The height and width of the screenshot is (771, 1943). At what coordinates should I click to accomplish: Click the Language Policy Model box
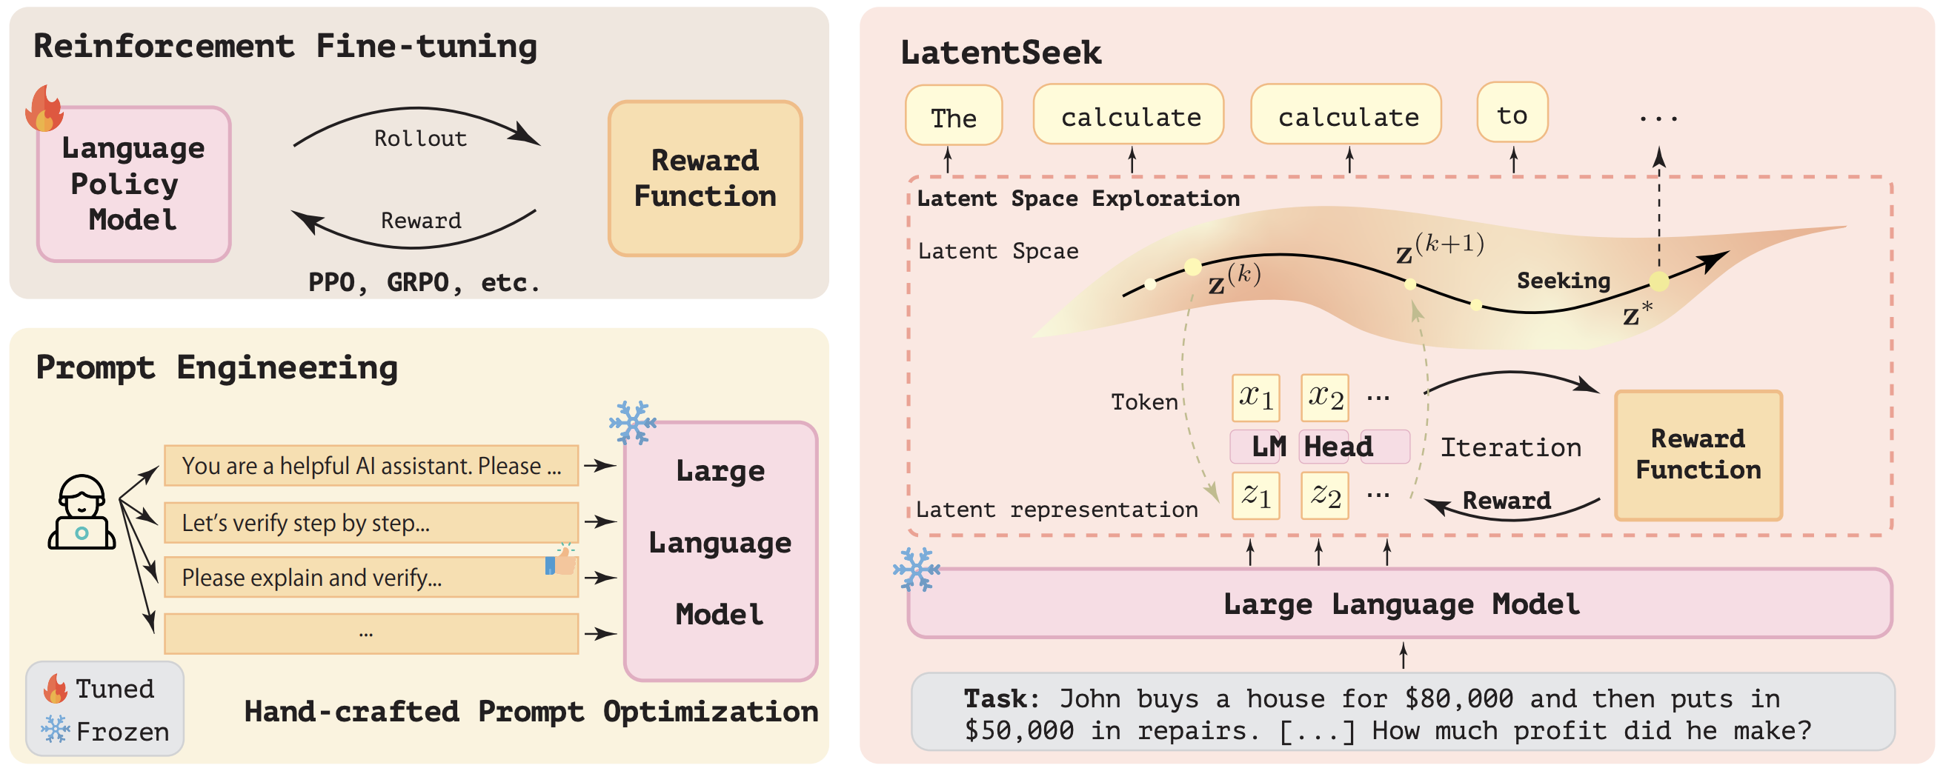pos(133,184)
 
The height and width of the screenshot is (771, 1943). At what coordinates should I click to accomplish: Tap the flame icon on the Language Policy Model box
pos(44,108)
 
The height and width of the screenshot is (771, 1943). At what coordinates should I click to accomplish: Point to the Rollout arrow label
pos(420,138)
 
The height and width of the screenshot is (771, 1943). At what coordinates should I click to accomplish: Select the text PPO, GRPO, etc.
pos(424,282)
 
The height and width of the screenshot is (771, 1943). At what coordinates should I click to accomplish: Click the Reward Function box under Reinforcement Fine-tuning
pos(705,178)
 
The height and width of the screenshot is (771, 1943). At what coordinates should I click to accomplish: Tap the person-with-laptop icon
pos(82,512)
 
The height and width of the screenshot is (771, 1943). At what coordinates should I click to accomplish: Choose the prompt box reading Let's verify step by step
pos(371,522)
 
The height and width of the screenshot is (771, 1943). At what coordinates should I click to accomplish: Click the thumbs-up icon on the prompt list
pos(560,560)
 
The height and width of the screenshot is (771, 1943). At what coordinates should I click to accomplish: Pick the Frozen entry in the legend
pos(105,730)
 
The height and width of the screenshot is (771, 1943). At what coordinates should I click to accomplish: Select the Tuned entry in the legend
pos(99,688)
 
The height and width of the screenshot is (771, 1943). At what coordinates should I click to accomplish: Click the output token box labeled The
pos(954,116)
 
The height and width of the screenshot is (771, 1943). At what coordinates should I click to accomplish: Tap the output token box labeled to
pos(1512,113)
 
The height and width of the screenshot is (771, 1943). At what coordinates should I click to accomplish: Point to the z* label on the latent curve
pos(1638,313)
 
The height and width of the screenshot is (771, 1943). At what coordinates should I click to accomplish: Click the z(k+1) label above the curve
pos(1440,248)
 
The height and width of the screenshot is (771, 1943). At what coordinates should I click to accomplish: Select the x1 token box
pos(1256,397)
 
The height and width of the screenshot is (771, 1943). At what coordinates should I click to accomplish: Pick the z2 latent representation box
pos(1325,495)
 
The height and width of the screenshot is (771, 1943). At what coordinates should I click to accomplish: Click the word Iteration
pos(1511,447)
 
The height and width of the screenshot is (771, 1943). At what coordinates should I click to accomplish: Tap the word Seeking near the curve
pos(1564,281)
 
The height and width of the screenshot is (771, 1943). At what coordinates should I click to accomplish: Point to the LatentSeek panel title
pos(1001,53)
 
